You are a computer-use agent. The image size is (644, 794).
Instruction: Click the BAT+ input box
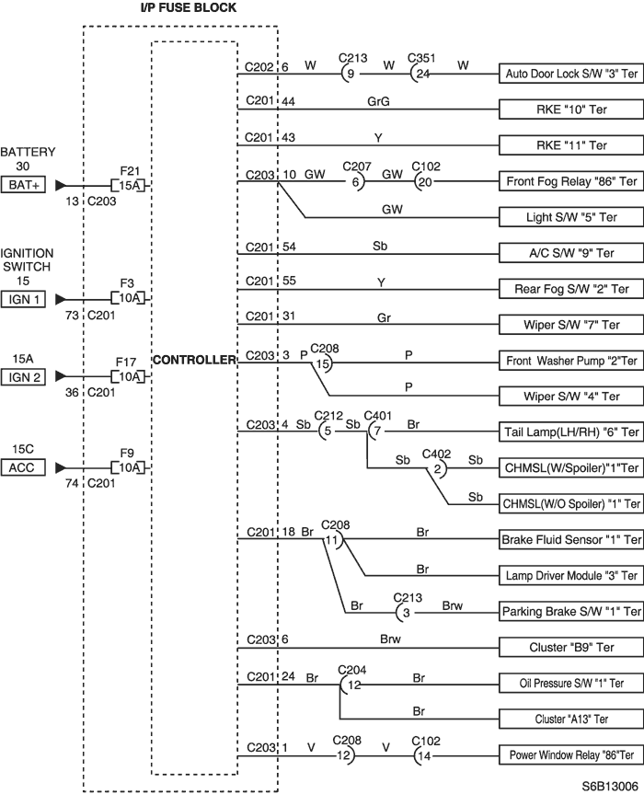(x=23, y=185)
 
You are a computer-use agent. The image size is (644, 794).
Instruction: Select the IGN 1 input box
(x=23, y=299)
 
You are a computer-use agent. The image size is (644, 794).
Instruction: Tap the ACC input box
(x=23, y=467)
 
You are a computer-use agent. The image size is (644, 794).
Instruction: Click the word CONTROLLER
(x=194, y=360)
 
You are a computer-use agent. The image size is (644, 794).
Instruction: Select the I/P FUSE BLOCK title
(x=189, y=7)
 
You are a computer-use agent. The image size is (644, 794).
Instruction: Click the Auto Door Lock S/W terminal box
(x=571, y=74)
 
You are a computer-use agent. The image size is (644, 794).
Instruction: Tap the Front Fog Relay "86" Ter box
(x=571, y=181)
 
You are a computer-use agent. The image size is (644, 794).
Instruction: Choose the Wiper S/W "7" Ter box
(x=571, y=325)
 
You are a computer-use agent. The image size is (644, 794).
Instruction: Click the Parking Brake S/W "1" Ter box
(x=571, y=611)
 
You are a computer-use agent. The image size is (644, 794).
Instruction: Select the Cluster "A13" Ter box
(x=571, y=719)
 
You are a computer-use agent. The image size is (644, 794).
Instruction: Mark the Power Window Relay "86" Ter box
(x=571, y=755)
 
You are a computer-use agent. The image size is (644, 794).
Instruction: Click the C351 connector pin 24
(x=421, y=74)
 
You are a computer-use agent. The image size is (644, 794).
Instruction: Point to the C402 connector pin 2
(x=438, y=469)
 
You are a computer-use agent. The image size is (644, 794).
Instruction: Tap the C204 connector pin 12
(x=353, y=685)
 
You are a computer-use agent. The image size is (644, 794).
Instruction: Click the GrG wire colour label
(x=379, y=102)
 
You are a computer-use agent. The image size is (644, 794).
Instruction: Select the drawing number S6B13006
(x=610, y=786)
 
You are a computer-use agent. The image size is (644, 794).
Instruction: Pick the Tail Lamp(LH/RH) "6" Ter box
(x=571, y=432)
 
